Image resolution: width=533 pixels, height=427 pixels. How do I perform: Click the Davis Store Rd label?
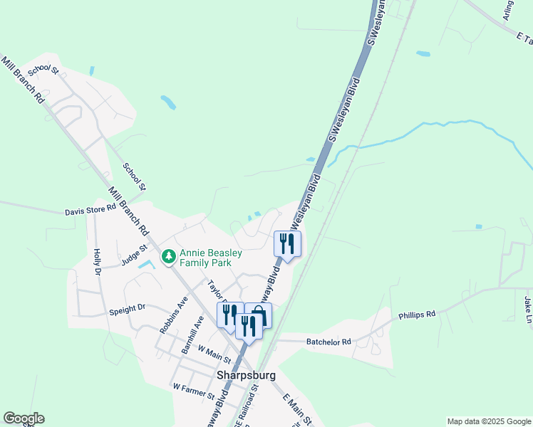point(90,211)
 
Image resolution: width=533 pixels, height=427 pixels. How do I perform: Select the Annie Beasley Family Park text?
point(210,258)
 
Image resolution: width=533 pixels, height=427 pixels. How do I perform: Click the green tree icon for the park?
point(169,255)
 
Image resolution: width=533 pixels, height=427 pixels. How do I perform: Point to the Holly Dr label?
point(97,262)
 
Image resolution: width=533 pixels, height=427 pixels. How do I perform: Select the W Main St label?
point(215,350)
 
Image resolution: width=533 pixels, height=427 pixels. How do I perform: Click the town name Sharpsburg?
point(245,375)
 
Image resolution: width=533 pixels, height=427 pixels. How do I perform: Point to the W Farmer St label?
point(194,389)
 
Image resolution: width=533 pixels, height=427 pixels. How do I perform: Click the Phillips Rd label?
point(416,314)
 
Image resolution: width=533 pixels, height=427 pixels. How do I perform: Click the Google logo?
point(24,418)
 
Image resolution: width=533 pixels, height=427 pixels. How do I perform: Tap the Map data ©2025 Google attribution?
point(488,421)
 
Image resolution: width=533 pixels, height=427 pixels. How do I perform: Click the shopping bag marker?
point(259,315)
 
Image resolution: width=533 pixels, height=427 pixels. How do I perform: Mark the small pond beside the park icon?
point(146,264)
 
